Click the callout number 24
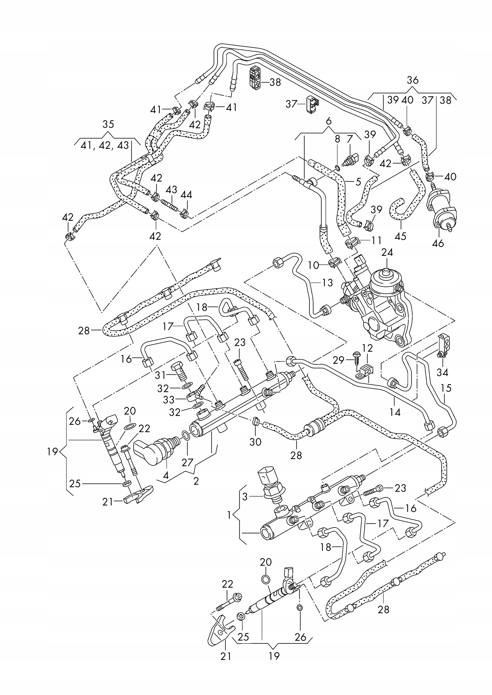(x=387, y=252)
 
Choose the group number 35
(x=108, y=124)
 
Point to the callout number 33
(x=169, y=400)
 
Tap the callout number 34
(x=442, y=372)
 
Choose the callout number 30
(x=255, y=442)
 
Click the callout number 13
(x=327, y=283)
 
